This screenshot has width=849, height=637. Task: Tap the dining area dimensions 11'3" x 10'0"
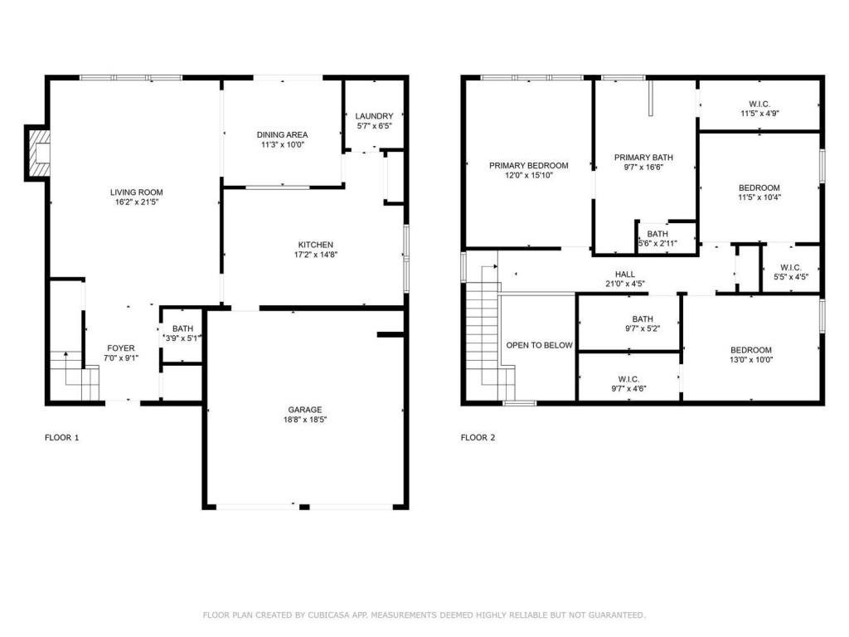pos(282,144)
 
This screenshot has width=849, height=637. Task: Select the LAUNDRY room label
pos(373,116)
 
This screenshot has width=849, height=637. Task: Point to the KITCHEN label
pos(316,245)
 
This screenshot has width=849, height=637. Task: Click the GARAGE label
pos(305,409)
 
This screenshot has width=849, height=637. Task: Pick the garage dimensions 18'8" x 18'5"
pos(305,420)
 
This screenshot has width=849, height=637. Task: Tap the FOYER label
pos(121,348)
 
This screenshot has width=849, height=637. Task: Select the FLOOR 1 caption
pos(62,437)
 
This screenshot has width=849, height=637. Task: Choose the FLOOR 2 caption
pos(478,437)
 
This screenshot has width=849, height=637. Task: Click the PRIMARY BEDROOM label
pos(528,166)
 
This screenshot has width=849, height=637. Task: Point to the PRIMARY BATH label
pos(643,157)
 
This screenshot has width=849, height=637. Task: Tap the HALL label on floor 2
pos(624,274)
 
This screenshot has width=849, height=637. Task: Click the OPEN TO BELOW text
pos(539,345)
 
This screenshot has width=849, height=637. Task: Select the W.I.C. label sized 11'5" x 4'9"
pos(759,105)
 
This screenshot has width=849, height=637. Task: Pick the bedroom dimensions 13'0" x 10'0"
pos(750,360)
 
